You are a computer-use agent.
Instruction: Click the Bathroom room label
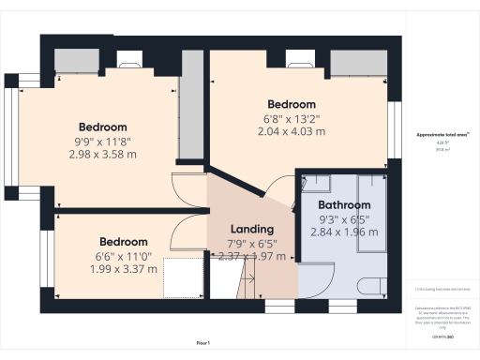tap(344, 204)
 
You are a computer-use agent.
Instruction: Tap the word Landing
tap(252, 229)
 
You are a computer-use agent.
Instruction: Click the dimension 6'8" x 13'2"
tap(292, 118)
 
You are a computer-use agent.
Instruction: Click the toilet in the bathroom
tap(373, 287)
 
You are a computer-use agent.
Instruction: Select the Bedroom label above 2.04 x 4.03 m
tap(292, 104)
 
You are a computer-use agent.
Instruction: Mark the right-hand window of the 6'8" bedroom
tap(393, 122)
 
